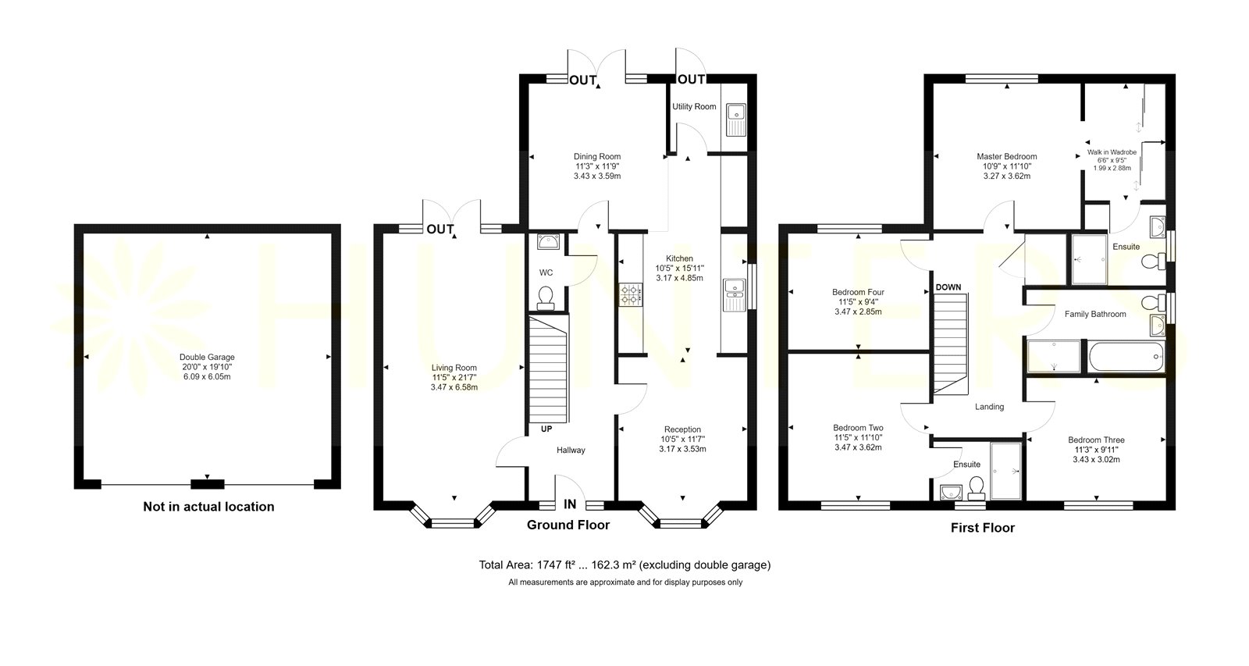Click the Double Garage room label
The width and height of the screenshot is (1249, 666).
point(207,357)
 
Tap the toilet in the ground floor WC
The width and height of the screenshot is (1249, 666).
point(546,297)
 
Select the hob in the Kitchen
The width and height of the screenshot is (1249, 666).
point(631,294)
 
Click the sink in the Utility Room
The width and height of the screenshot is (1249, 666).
point(736,119)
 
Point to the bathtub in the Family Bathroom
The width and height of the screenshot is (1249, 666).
point(1126,357)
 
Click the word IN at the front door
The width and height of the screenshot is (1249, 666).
point(570,504)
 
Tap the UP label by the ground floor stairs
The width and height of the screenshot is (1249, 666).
point(546,429)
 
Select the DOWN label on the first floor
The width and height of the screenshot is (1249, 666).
point(948,287)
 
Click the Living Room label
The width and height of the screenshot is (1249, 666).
point(454,368)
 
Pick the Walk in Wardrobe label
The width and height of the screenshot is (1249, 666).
point(1112,152)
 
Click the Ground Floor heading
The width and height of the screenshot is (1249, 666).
point(568,525)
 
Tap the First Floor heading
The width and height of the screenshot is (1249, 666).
point(983,528)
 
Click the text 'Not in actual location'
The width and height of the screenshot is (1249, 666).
point(208,507)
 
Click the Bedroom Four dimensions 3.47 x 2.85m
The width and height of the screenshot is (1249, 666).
point(858,312)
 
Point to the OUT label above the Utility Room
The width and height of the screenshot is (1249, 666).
point(692,80)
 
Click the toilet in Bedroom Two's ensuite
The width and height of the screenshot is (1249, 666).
point(976,487)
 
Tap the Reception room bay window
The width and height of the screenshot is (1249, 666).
point(680,517)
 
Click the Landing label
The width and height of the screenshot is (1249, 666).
point(989,407)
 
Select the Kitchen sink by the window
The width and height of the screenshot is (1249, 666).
point(734,294)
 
